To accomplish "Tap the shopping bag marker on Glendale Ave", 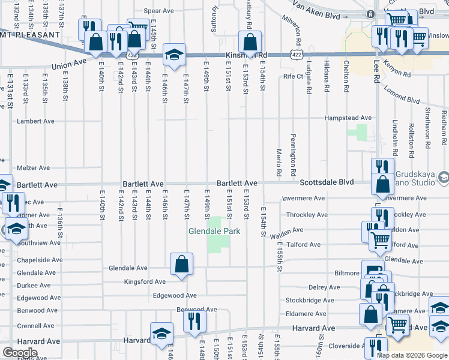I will click(x=181, y=264).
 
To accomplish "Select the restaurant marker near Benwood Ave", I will click(x=194, y=322).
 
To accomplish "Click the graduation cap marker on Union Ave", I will click(x=173, y=56).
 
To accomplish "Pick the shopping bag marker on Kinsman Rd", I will click(x=250, y=43).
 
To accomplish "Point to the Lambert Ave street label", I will click(x=35, y=121).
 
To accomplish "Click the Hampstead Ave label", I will click(x=348, y=118).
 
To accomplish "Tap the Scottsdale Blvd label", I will click(x=327, y=182).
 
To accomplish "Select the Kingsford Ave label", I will click(x=144, y=281).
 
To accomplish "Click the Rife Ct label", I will click(x=294, y=77).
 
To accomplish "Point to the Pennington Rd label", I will click(x=293, y=155).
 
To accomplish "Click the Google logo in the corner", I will click(x=19, y=353).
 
